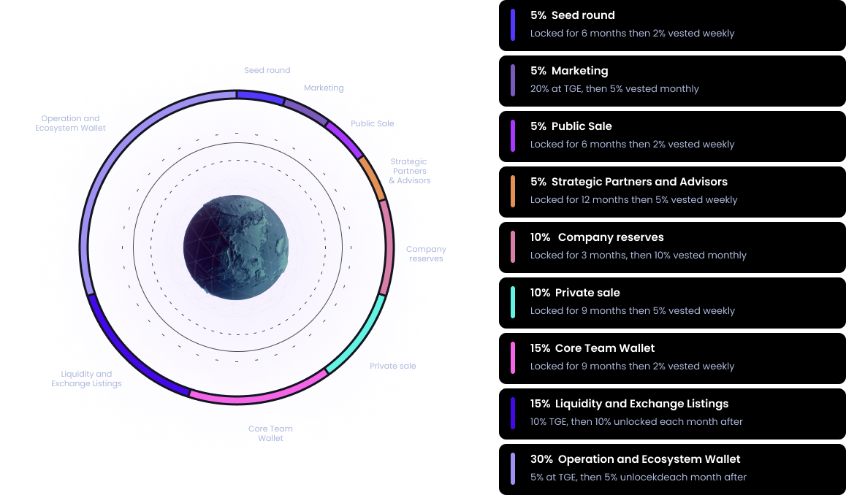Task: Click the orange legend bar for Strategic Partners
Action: [x=513, y=191]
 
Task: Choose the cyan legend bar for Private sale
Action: [x=513, y=302]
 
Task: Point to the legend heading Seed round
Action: [x=583, y=15]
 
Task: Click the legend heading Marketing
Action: [x=579, y=71]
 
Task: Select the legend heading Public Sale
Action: [x=582, y=126]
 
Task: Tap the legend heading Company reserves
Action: [x=611, y=237]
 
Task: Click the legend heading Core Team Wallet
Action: [x=605, y=348]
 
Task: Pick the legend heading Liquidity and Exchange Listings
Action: [x=641, y=404]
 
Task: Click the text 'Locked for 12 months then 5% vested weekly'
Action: [x=633, y=200]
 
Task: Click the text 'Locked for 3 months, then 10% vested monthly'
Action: [x=638, y=256]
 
